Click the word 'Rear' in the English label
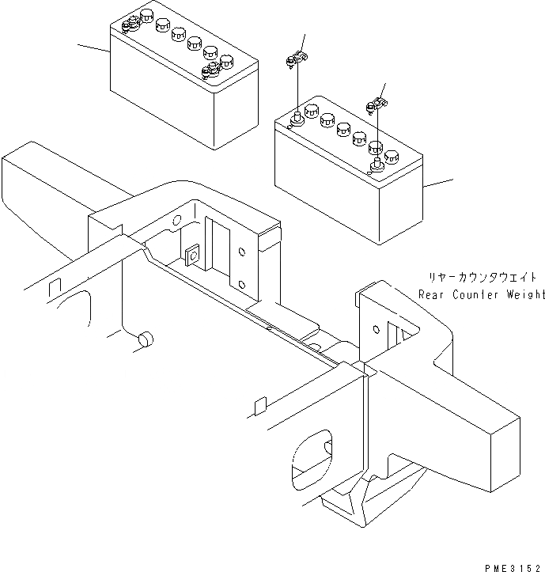433,295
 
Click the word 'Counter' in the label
475,295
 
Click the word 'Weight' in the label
523,295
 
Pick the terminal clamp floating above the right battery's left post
296,59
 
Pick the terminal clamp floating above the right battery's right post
377,103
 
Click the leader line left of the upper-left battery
93,49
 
